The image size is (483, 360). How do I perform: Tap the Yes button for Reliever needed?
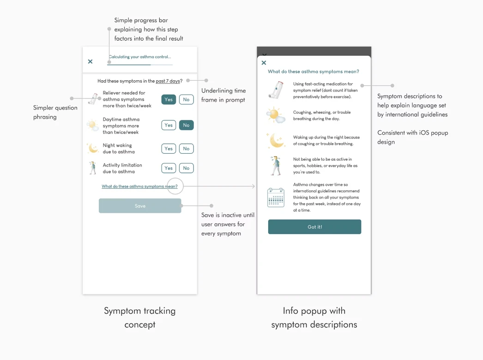click(x=169, y=99)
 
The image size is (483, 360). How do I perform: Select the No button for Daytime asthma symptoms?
click(x=186, y=125)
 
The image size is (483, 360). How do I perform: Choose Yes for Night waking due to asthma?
click(x=169, y=149)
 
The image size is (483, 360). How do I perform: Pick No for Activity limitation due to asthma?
click(x=186, y=168)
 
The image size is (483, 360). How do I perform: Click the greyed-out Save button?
click(x=140, y=206)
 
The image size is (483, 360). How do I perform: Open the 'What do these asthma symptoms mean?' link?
click(x=139, y=186)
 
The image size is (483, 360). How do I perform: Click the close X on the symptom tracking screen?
click(x=90, y=61)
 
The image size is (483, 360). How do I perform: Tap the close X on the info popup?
click(x=264, y=63)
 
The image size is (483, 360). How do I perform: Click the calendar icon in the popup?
click(x=276, y=197)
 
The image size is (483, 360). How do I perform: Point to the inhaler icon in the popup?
click(x=276, y=90)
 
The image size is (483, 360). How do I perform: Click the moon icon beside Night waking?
click(x=93, y=148)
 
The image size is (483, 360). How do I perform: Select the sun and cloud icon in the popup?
click(x=276, y=115)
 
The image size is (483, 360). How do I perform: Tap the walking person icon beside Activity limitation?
click(x=93, y=168)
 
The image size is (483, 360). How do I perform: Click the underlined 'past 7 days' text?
click(x=168, y=81)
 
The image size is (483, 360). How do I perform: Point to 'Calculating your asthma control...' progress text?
click(x=139, y=57)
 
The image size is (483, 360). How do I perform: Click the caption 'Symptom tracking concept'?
click(x=139, y=318)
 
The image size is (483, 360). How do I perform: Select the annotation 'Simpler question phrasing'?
click(x=55, y=112)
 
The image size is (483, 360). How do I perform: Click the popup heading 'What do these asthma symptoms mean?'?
click(x=314, y=72)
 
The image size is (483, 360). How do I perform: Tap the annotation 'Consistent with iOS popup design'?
click(x=412, y=137)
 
